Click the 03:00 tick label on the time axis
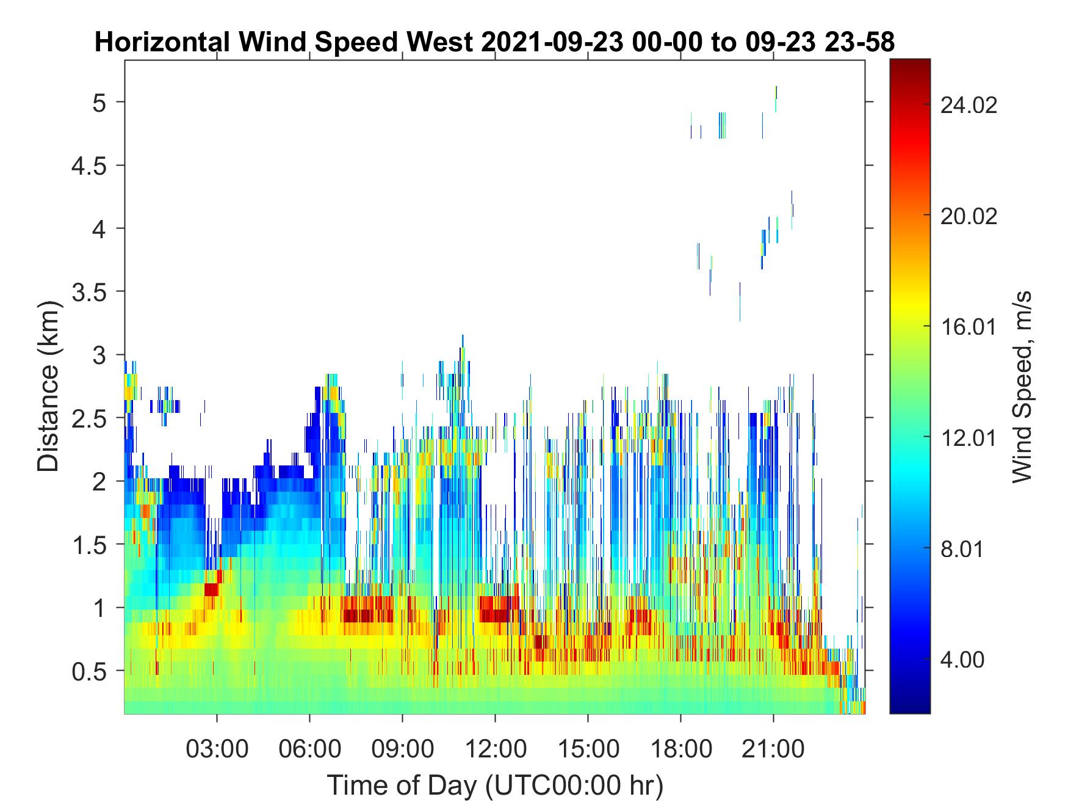tap(217, 748)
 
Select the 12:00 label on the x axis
tap(495, 748)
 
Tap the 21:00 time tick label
tap(773, 748)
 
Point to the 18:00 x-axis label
tap(680, 748)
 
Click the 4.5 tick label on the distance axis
tap(89, 166)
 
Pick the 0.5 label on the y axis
tap(89, 671)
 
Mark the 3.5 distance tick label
tap(89, 292)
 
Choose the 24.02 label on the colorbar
tap(969, 105)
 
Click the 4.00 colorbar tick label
tap(962, 660)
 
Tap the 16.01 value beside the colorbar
tap(969, 327)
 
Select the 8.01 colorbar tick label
tap(962, 549)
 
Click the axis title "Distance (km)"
tap(49, 386)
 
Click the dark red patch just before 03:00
tap(211, 589)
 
